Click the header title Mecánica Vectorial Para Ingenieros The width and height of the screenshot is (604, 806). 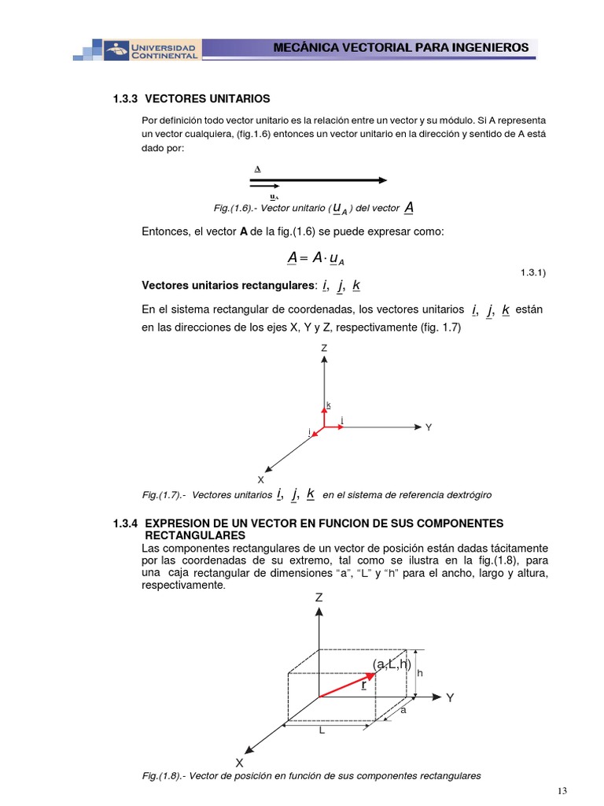401,47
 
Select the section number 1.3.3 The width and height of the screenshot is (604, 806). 126,98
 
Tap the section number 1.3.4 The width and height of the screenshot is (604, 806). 126,523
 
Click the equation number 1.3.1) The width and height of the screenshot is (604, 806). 532,272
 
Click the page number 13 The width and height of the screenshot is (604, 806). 562,790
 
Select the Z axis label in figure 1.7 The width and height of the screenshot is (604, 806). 323,347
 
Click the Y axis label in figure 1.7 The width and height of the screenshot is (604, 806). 429,427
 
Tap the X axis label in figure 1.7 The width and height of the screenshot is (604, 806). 260,479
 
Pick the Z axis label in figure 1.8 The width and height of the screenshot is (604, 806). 319,597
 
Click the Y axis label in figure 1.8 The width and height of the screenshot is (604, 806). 450,697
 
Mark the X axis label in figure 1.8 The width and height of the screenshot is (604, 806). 239,763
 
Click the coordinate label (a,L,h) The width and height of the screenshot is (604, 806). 392,664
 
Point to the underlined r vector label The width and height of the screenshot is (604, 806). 363,685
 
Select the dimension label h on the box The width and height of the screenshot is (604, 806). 420,673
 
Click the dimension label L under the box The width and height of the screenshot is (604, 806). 322,730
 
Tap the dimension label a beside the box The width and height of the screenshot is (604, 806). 403,710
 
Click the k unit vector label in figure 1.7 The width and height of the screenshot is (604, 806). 329,405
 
